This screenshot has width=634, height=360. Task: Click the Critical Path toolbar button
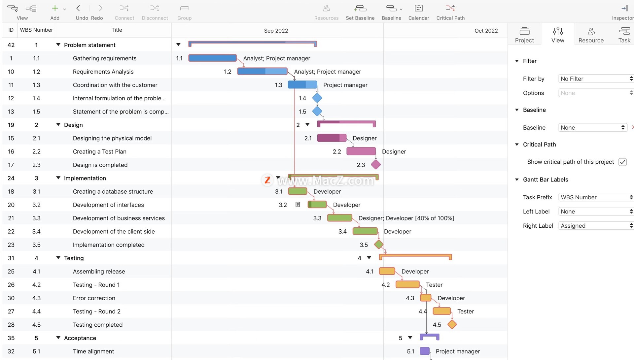coord(450,12)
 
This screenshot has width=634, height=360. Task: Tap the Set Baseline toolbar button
coord(360,12)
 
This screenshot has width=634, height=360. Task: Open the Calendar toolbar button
coord(419,12)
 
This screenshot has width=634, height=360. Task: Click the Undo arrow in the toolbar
coord(79,8)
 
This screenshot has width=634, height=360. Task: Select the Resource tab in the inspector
coord(591,35)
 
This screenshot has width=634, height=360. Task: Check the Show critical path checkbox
coord(622,162)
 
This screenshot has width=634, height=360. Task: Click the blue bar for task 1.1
coord(212,58)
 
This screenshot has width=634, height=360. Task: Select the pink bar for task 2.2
coord(361,151)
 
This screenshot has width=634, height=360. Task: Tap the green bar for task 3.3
coord(339,218)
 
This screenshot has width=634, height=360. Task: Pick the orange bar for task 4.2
coord(407,284)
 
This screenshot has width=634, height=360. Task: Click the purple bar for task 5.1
coord(425,351)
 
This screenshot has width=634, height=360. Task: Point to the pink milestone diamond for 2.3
coord(376,164)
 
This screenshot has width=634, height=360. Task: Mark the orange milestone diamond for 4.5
coord(452,324)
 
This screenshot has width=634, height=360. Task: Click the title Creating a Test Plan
coord(100,151)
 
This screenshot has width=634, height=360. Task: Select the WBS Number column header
coord(36,30)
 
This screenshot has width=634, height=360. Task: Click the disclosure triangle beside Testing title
coord(58,258)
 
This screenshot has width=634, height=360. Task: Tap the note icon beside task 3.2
coord(298,205)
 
